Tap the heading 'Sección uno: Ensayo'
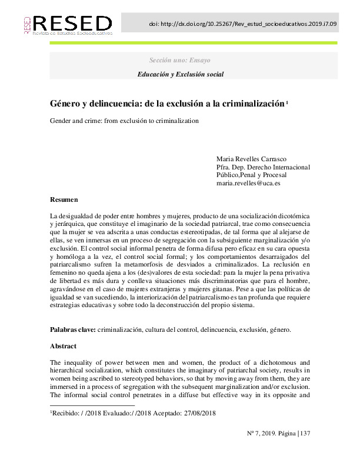pyautogui.click(x=179, y=61)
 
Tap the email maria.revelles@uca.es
pyautogui.click(x=248, y=184)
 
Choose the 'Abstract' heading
pyautogui.click(x=64, y=347)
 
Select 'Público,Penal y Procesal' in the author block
pyautogui.click(x=252, y=175)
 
